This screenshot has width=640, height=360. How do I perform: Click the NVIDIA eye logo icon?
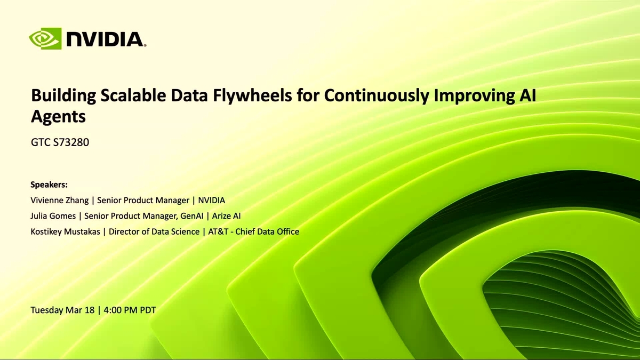click(x=45, y=39)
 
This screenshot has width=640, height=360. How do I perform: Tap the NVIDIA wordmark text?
click(x=105, y=39)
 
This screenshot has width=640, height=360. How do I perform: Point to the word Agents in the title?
click(x=58, y=116)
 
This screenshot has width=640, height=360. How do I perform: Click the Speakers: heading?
click(x=49, y=185)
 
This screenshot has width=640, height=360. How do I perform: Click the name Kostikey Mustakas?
click(x=66, y=231)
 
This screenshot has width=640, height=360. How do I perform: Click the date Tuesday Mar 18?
click(x=62, y=310)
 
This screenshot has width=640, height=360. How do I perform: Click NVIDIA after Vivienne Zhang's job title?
click(x=212, y=201)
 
